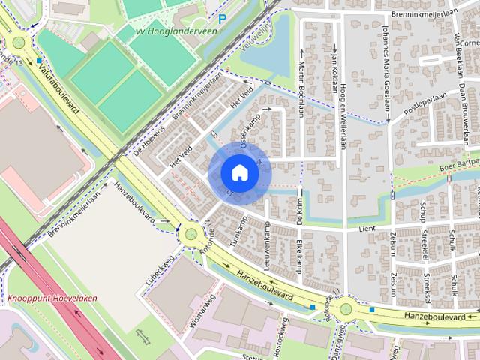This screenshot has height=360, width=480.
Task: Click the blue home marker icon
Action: (x=239, y=172)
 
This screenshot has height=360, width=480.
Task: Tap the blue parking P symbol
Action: (x=222, y=17)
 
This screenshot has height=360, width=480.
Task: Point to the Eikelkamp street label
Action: (x=298, y=256)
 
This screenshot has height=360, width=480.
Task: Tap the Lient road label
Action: (x=367, y=228)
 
